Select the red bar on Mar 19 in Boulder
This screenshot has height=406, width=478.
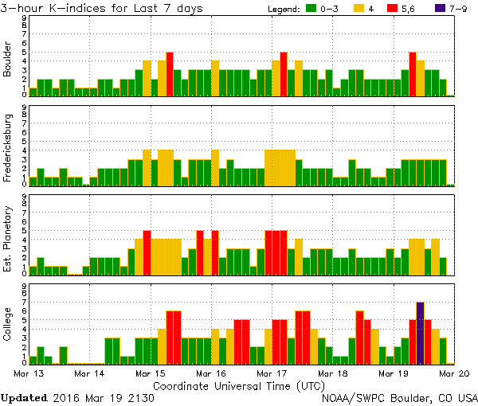point(412,74)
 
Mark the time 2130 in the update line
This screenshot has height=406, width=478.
point(141,396)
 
